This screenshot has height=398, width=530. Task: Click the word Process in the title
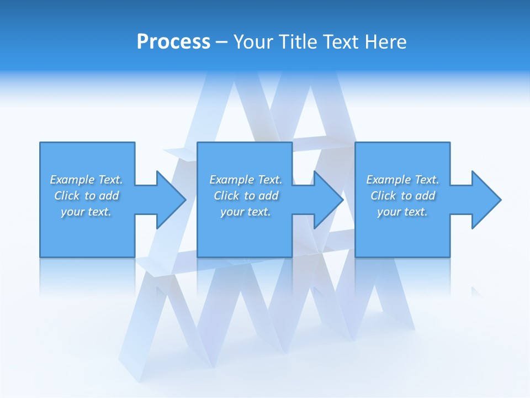pyautogui.click(x=173, y=42)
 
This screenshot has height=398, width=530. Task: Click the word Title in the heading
pyautogui.click(x=299, y=42)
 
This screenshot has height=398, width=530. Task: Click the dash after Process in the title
pyautogui.click(x=222, y=42)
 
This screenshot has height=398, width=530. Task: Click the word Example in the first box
pyautogui.click(x=72, y=180)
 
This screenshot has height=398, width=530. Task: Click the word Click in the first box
pyautogui.click(x=67, y=196)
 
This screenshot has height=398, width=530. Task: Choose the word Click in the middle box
pyautogui.click(x=226, y=196)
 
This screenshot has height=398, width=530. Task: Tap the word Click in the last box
pyautogui.click(x=383, y=196)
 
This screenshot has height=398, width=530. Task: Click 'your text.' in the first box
pyautogui.click(x=86, y=212)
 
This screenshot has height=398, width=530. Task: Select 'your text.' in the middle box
pyautogui.click(x=246, y=212)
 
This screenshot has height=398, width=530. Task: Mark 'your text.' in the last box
pyautogui.click(x=402, y=212)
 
